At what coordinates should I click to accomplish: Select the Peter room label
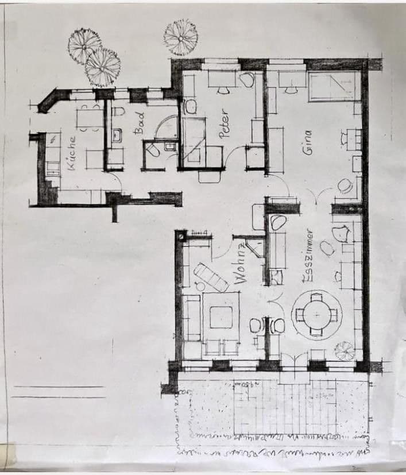click(x=224, y=123)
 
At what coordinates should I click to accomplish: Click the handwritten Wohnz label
click(x=241, y=264)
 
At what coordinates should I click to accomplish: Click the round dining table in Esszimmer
click(x=316, y=314)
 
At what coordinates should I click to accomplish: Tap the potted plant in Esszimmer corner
click(x=345, y=350)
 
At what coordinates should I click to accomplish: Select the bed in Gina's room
click(x=334, y=86)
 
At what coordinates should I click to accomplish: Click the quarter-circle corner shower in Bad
click(x=167, y=128)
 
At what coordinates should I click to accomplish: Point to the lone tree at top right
click(x=180, y=37)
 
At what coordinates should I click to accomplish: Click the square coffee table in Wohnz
click(x=221, y=316)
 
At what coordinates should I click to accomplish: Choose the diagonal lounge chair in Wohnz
click(x=211, y=277)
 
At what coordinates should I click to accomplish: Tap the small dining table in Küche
click(x=90, y=118)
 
